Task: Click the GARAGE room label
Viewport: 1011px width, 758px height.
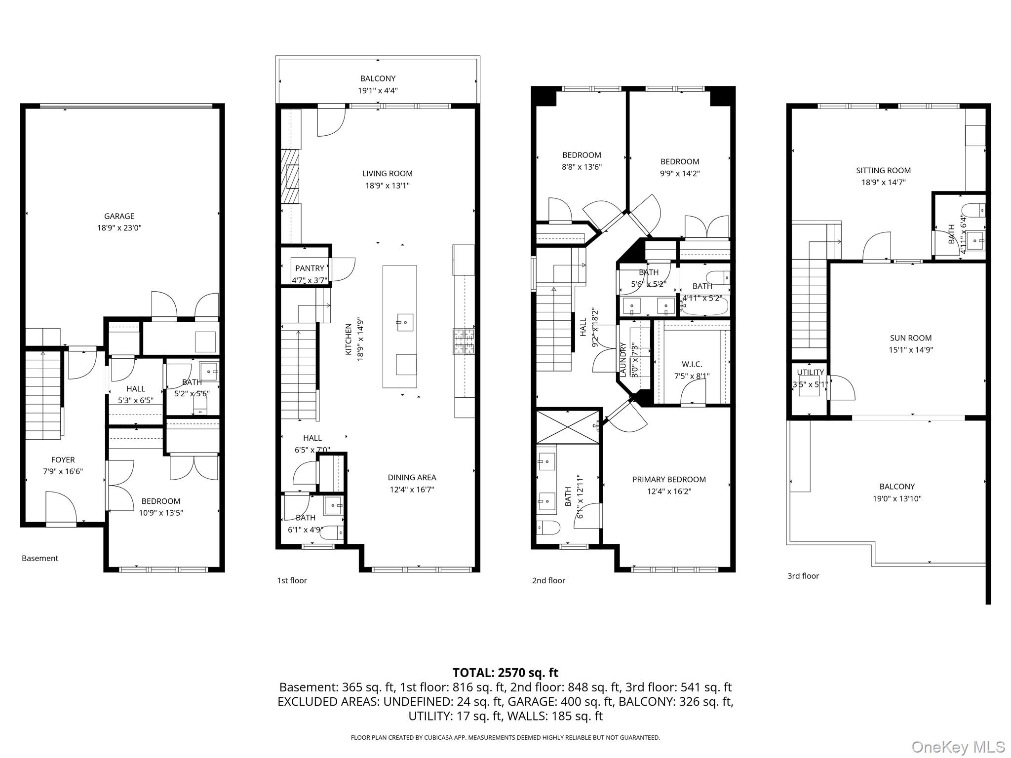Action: (x=119, y=216)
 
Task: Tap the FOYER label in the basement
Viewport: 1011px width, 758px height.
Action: (x=63, y=459)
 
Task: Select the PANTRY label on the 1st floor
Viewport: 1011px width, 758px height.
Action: (x=310, y=268)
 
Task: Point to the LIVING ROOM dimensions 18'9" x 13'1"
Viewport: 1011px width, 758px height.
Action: (x=387, y=186)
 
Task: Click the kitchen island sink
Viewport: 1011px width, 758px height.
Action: (x=405, y=322)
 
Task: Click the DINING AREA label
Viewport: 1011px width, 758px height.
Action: (x=412, y=477)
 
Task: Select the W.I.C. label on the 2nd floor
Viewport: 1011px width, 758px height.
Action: (x=692, y=364)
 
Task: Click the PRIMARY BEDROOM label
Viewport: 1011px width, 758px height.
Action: (x=669, y=479)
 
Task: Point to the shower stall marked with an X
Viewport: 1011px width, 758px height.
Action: (x=567, y=426)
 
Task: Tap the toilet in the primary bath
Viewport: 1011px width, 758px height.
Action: (x=548, y=528)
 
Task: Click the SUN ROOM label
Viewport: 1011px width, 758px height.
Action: (x=910, y=338)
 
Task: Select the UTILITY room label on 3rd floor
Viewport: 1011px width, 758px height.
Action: (x=810, y=372)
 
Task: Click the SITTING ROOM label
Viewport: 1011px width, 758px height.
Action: (x=883, y=170)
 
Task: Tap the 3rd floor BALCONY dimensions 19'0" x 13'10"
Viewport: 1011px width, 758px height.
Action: (x=896, y=498)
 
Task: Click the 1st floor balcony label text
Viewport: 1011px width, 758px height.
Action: (x=378, y=78)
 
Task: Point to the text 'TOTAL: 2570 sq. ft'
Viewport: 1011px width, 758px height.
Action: (x=505, y=673)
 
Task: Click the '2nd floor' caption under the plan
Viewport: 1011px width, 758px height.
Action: (x=548, y=580)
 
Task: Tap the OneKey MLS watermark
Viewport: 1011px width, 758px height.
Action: (x=958, y=747)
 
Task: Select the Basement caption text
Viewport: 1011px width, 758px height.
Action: (x=40, y=558)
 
